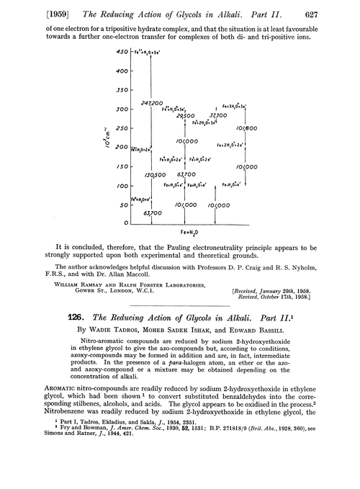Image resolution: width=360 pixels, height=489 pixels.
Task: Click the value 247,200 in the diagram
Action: pos(150,104)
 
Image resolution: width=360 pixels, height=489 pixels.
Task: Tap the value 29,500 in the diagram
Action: pos(186,115)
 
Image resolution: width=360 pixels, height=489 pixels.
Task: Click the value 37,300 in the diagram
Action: pos(217,115)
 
